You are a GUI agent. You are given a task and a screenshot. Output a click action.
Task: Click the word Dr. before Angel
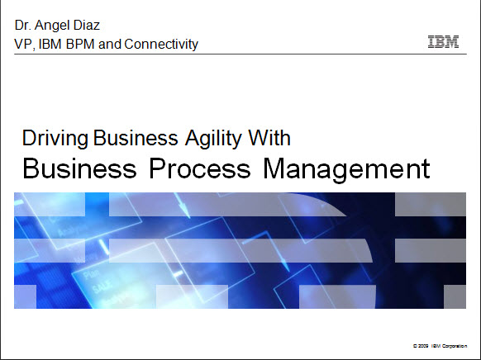click(22, 25)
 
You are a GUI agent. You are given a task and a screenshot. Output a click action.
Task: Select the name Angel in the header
click(50, 26)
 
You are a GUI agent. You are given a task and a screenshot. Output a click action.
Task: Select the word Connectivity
click(161, 45)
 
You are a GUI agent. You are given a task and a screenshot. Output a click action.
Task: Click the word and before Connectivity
click(110, 44)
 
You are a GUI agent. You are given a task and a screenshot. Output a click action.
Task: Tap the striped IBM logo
click(443, 41)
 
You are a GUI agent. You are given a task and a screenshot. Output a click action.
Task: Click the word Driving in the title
click(55, 139)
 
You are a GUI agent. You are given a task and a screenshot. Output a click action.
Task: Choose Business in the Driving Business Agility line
click(136, 138)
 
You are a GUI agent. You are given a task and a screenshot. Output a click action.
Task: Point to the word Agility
click(214, 139)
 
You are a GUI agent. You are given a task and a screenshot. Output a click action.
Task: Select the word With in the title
click(269, 138)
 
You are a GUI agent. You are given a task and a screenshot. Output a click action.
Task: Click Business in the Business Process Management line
click(79, 168)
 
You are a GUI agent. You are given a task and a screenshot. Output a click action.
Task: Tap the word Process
click(200, 168)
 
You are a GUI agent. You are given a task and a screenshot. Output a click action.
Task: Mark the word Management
click(346, 169)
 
